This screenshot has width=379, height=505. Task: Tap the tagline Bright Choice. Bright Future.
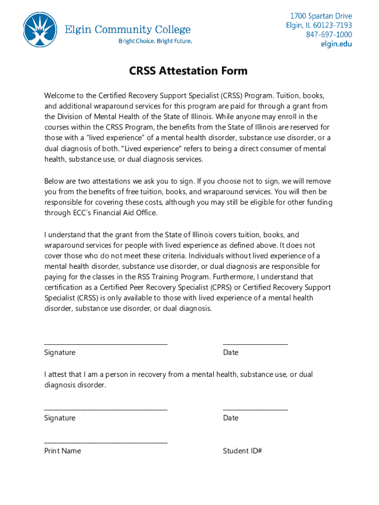pos(155,41)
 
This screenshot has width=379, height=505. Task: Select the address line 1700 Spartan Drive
pos(321,16)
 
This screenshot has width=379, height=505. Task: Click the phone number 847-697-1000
pos(329,35)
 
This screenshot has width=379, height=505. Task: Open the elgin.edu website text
pos(337,44)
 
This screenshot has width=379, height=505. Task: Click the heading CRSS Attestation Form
pos(189,71)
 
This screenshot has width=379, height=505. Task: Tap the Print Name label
pos(63,451)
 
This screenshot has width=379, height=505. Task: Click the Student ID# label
pos(242,451)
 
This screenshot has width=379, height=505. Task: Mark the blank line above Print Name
pos(106,442)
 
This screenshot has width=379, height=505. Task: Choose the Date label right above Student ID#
pos(230,418)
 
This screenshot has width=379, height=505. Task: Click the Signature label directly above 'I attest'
pos(60,352)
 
